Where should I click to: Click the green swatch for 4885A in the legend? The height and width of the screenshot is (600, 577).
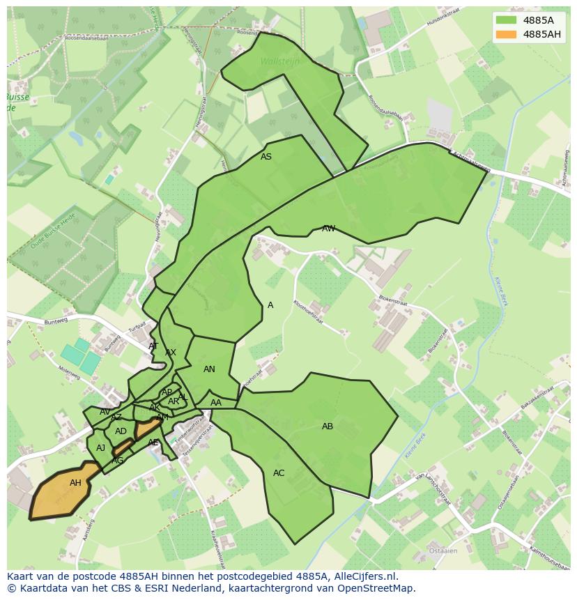coord(507,20)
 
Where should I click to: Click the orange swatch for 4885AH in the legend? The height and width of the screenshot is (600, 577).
coord(507,34)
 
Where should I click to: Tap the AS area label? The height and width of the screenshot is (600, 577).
coord(266,157)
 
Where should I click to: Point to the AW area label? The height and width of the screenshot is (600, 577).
coord(328,229)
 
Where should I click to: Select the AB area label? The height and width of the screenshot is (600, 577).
coord(328,426)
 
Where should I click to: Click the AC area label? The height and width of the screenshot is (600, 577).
coord(279,473)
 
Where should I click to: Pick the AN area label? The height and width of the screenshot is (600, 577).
coord(209,369)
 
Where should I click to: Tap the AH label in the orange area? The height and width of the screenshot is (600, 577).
coord(75,483)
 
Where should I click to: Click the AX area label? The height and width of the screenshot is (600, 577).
coord(171,353)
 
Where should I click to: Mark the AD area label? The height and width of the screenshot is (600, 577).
coord(121,431)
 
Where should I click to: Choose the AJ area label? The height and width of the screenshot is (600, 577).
coord(101,448)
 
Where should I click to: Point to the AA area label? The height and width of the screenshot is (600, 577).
coord(216,403)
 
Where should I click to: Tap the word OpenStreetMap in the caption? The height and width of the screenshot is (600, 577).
coord(376,588)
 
